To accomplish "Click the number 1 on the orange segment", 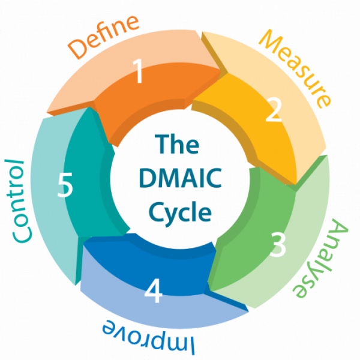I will [x=139, y=73].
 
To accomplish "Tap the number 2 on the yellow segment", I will [x=274, y=111].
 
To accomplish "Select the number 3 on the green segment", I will [x=278, y=245].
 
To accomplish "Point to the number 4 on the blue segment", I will [x=154, y=292].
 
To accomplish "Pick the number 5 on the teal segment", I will [x=65, y=185].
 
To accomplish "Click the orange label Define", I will [x=103, y=38].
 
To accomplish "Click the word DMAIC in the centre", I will [x=179, y=179].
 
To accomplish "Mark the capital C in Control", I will [x=23, y=235].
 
